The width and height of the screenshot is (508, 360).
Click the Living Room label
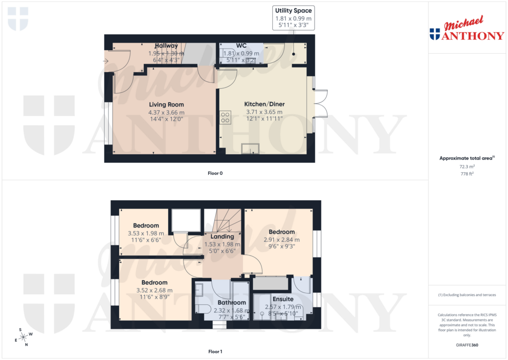(166, 104)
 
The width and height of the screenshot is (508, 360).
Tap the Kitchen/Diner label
(264, 104)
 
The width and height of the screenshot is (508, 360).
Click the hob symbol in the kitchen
(225, 117)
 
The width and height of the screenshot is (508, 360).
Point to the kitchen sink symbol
(251, 148)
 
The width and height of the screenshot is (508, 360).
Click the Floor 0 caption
(215, 173)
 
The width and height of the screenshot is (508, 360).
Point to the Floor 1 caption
(215, 352)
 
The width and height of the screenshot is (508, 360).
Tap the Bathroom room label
(232, 302)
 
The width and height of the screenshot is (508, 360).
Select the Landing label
(222, 236)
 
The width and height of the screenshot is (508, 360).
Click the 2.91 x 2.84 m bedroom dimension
(282, 240)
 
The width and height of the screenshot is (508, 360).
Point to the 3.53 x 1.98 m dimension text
(146, 233)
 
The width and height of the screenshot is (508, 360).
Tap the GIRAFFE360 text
(466, 345)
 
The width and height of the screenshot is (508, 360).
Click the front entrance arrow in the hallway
(106, 61)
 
